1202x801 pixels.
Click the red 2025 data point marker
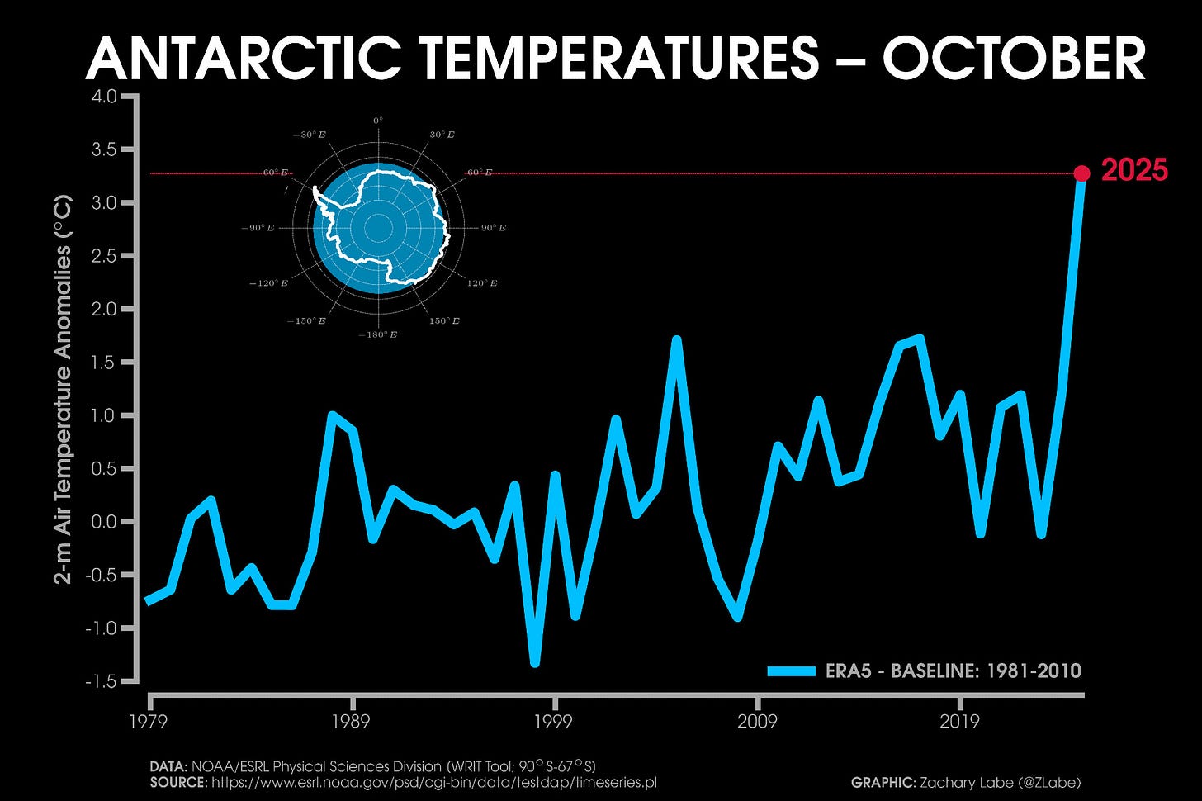click(1081, 173)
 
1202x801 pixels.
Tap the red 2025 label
click(1134, 171)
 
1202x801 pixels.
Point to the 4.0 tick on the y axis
click(104, 97)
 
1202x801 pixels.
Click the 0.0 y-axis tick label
click(104, 522)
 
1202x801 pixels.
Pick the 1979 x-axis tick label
click(149, 722)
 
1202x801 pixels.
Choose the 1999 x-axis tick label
click(553, 722)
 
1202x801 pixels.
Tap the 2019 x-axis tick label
click(959, 722)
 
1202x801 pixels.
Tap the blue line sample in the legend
click(791, 671)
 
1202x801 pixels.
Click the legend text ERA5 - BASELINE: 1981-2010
click(953, 671)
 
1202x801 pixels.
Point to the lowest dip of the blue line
click(535, 661)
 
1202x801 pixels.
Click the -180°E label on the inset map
click(378, 334)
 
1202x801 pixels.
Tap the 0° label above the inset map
click(378, 121)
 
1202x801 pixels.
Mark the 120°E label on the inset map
click(482, 283)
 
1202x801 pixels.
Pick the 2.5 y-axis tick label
click(104, 256)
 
